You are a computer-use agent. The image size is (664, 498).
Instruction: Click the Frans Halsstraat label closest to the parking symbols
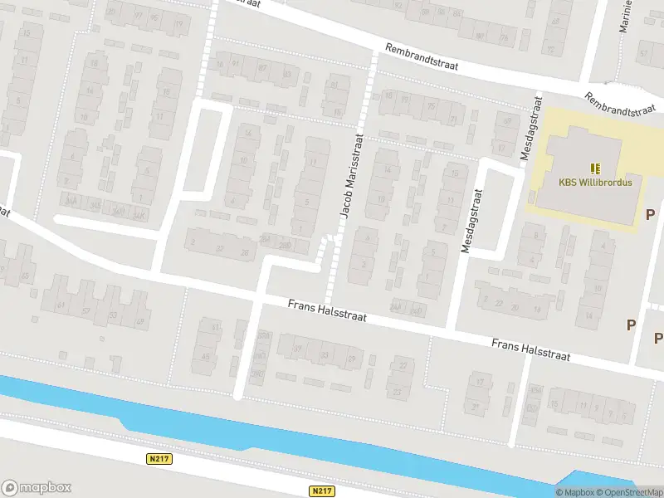pyautogui.click(x=530, y=349)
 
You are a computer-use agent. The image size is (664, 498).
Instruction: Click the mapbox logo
pyautogui.click(x=37, y=487)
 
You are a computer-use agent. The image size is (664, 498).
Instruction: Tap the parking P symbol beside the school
pyautogui.click(x=651, y=214)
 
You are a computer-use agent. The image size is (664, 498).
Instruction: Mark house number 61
pyautogui.click(x=61, y=305)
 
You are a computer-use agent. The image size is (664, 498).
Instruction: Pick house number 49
pyautogui.click(x=139, y=321)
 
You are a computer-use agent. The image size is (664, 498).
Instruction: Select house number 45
pyautogui.click(x=206, y=358)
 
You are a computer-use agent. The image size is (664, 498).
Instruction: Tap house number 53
pyautogui.click(x=113, y=315)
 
